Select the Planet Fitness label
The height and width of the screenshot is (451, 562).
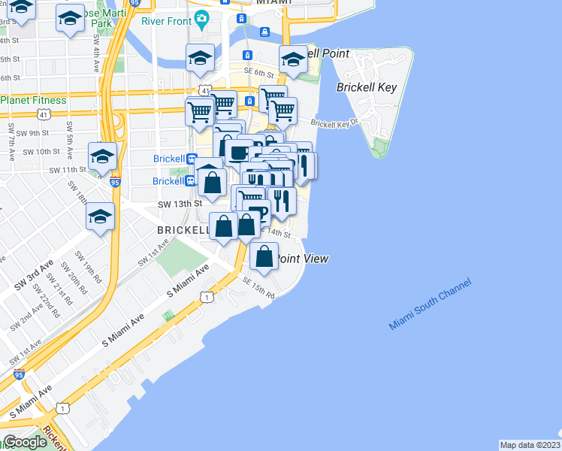[33, 100]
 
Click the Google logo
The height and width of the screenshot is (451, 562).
[24, 442]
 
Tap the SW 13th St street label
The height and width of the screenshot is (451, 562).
[180, 204]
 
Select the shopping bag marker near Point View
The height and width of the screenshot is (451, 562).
[264, 257]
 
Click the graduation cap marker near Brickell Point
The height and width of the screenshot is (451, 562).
[293, 59]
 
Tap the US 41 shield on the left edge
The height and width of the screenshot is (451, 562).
[44, 115]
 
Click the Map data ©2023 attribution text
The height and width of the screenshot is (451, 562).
[530, 445]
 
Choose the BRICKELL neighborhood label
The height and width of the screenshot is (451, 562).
[183, 229]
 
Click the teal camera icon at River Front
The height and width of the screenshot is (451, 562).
[201, 17]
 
